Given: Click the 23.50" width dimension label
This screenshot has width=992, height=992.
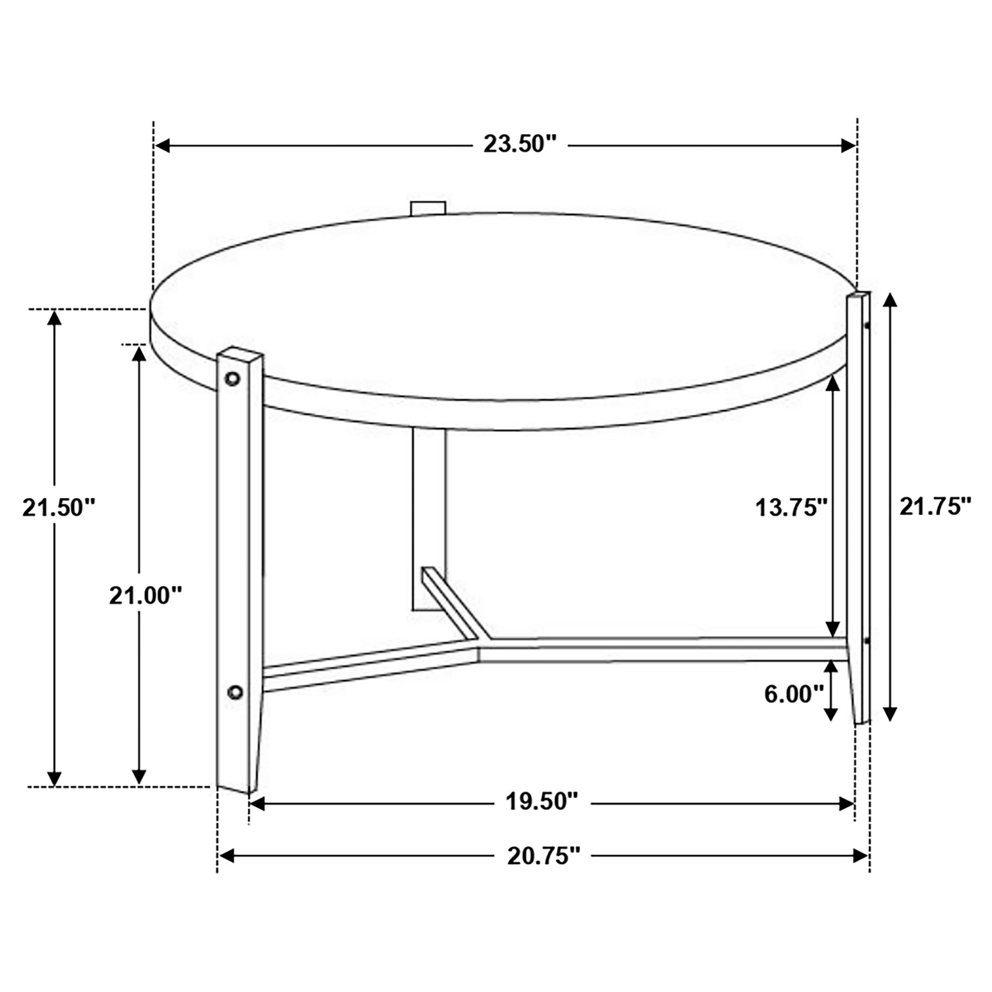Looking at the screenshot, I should [x=520, y=144].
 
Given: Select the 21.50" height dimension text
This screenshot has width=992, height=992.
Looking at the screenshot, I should [x=59, y=508].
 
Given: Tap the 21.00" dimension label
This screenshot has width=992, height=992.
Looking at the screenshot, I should [x=146, y=596].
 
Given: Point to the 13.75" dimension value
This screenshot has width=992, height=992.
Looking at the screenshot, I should [x=791, y=508].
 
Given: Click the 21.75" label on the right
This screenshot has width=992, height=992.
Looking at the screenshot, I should [x=936, y=507].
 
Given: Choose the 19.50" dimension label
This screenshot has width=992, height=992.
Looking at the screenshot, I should [x=542, y=801].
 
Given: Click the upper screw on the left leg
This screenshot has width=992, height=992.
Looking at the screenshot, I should [x=233, y=379].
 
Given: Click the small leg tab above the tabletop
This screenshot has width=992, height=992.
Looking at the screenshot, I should [x=428, y=208].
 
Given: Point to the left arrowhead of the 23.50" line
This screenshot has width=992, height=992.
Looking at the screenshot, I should [x=163, y=146].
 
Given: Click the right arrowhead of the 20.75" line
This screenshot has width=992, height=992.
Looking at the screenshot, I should [x=861, y=856].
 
